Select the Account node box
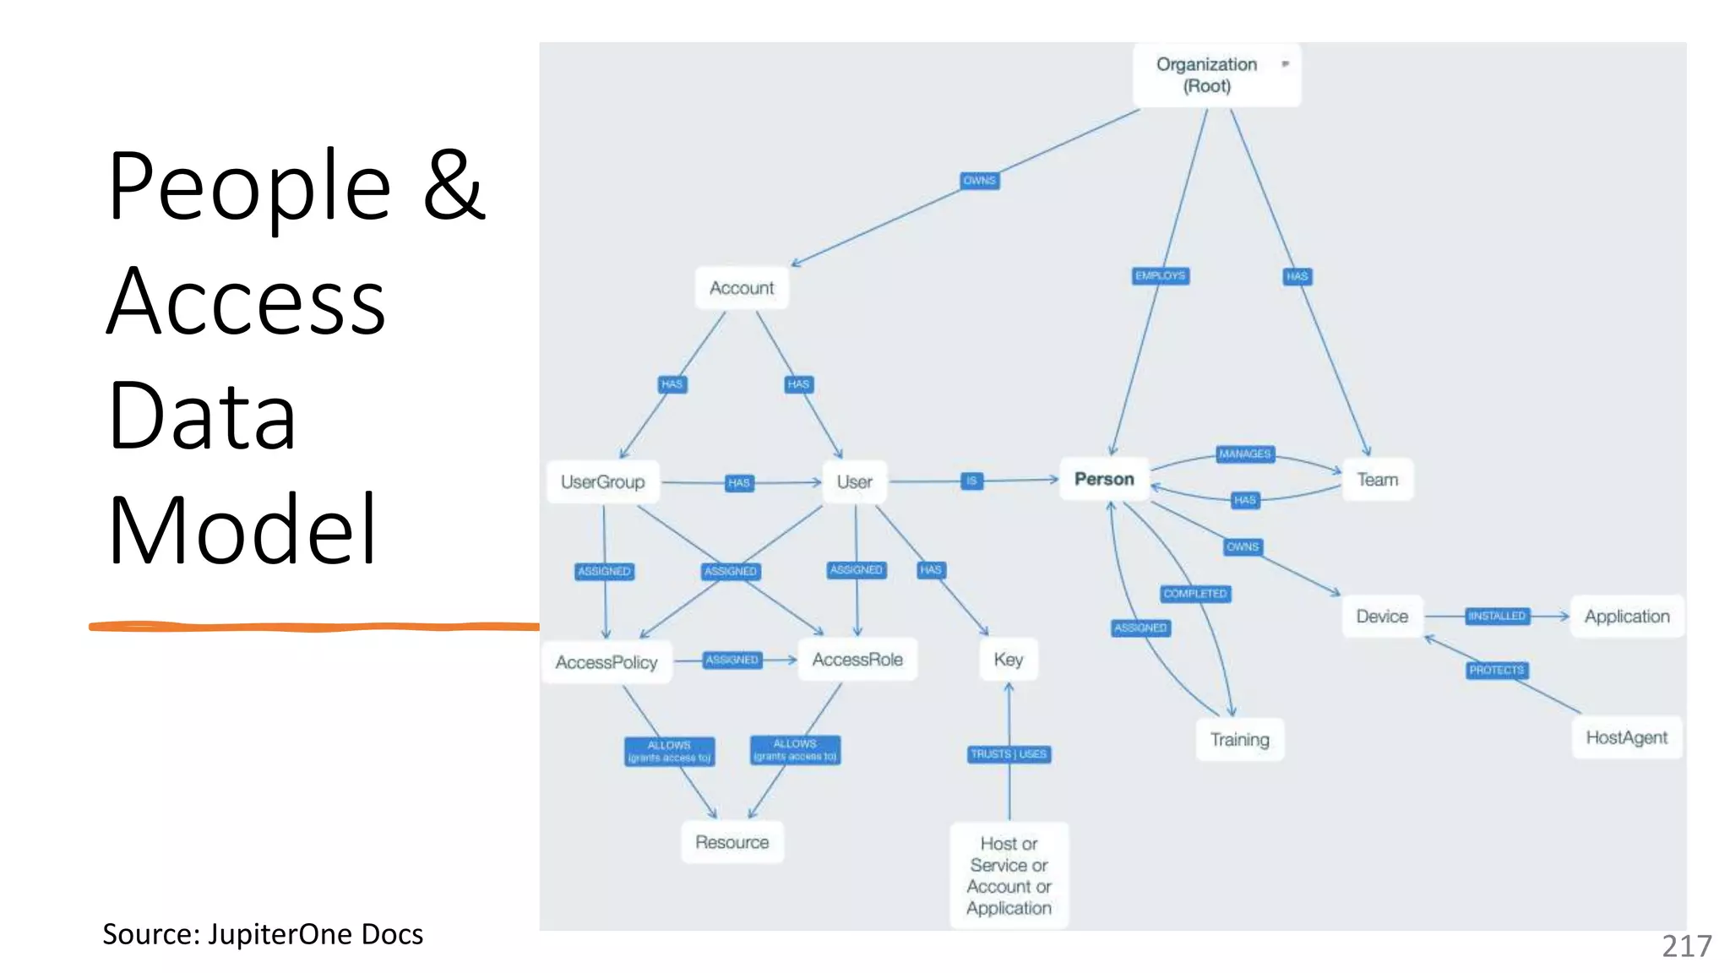[742, 288]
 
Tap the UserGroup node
[602, 482]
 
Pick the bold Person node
[1104, 480]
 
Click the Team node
[1377, 480]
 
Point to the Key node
[1009, 660]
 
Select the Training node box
[1239, 740]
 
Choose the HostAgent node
[1626, 738]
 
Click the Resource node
[732, 842]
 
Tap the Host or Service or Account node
[1009, 876]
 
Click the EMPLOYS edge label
[1161, 276]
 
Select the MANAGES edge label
[1244, 454]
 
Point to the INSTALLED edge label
[1497, 617]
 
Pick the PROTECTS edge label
[1496, 671]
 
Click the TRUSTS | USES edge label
[1009, 754]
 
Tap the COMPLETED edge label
[1195, 594]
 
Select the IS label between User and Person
[971, 481]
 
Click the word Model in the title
[242, 530]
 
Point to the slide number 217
[1686, 946]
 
